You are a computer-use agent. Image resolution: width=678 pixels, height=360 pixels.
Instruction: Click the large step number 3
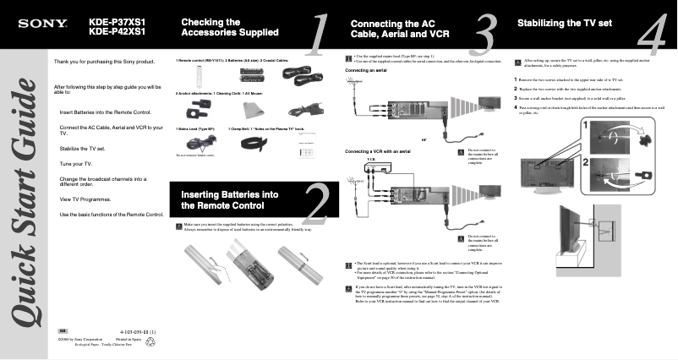coord(484,36)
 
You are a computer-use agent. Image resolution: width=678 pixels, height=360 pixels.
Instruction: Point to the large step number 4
coord(653,36)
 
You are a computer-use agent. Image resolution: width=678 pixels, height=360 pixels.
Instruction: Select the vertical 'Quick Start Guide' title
coord(25,211)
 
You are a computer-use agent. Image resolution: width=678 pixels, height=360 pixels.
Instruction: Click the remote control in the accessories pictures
coord(190,76)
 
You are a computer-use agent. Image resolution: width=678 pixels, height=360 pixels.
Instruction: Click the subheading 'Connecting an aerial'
coord(366,70)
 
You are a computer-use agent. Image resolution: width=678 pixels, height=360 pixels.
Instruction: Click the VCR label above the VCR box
coord(370,159)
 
